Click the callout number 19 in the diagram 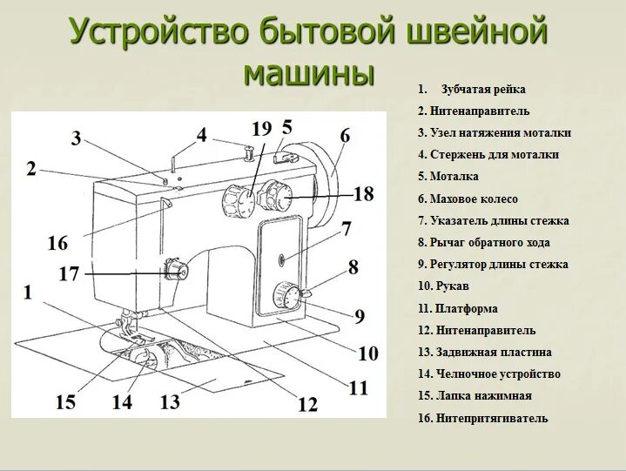(x=262, y=129)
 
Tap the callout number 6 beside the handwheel (x=345, y=136)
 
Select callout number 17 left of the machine (x=69, y=274)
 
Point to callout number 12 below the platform (x=307, y=404)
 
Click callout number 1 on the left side (x=28, y=293)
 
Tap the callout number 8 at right (x=353, y=267)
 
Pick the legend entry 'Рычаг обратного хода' (x=483, y=243)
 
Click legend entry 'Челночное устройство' (x=488, y=374)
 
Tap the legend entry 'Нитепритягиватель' (x=482, y=419)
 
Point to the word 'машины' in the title (x=308, y=73)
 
